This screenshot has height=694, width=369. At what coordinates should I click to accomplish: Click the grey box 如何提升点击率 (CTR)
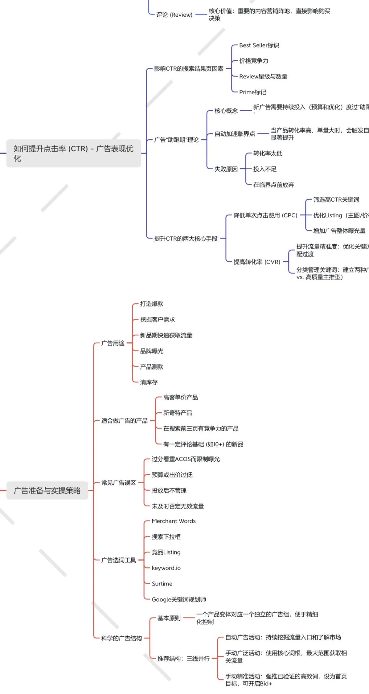73,153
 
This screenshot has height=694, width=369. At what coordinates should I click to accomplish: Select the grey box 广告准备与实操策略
47,490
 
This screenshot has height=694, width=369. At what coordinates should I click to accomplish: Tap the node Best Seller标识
259,45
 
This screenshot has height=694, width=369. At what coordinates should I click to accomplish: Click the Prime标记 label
252,92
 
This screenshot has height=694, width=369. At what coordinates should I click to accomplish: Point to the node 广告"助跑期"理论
176,140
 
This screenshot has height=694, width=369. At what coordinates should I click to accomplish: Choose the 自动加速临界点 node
235,134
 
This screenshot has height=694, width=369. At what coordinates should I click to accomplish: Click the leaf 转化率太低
268,153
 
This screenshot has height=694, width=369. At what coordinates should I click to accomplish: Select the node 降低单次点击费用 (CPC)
265,215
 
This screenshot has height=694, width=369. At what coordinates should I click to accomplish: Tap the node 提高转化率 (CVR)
257,262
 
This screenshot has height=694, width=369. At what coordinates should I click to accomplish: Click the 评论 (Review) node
174,15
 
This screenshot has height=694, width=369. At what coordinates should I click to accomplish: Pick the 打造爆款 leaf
152,304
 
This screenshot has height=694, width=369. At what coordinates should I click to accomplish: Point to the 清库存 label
149,382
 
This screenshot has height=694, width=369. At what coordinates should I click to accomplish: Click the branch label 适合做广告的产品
124,421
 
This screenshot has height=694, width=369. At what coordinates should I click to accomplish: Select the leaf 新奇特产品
178,413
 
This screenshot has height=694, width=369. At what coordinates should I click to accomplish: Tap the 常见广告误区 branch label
119,482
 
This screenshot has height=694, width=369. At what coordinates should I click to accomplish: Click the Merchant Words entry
174,521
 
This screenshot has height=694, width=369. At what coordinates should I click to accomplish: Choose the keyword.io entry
166,568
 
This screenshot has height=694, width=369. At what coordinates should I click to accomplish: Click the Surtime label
162,583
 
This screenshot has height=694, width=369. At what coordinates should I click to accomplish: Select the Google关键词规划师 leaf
179,599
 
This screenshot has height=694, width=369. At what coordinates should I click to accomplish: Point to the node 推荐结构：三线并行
183,659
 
